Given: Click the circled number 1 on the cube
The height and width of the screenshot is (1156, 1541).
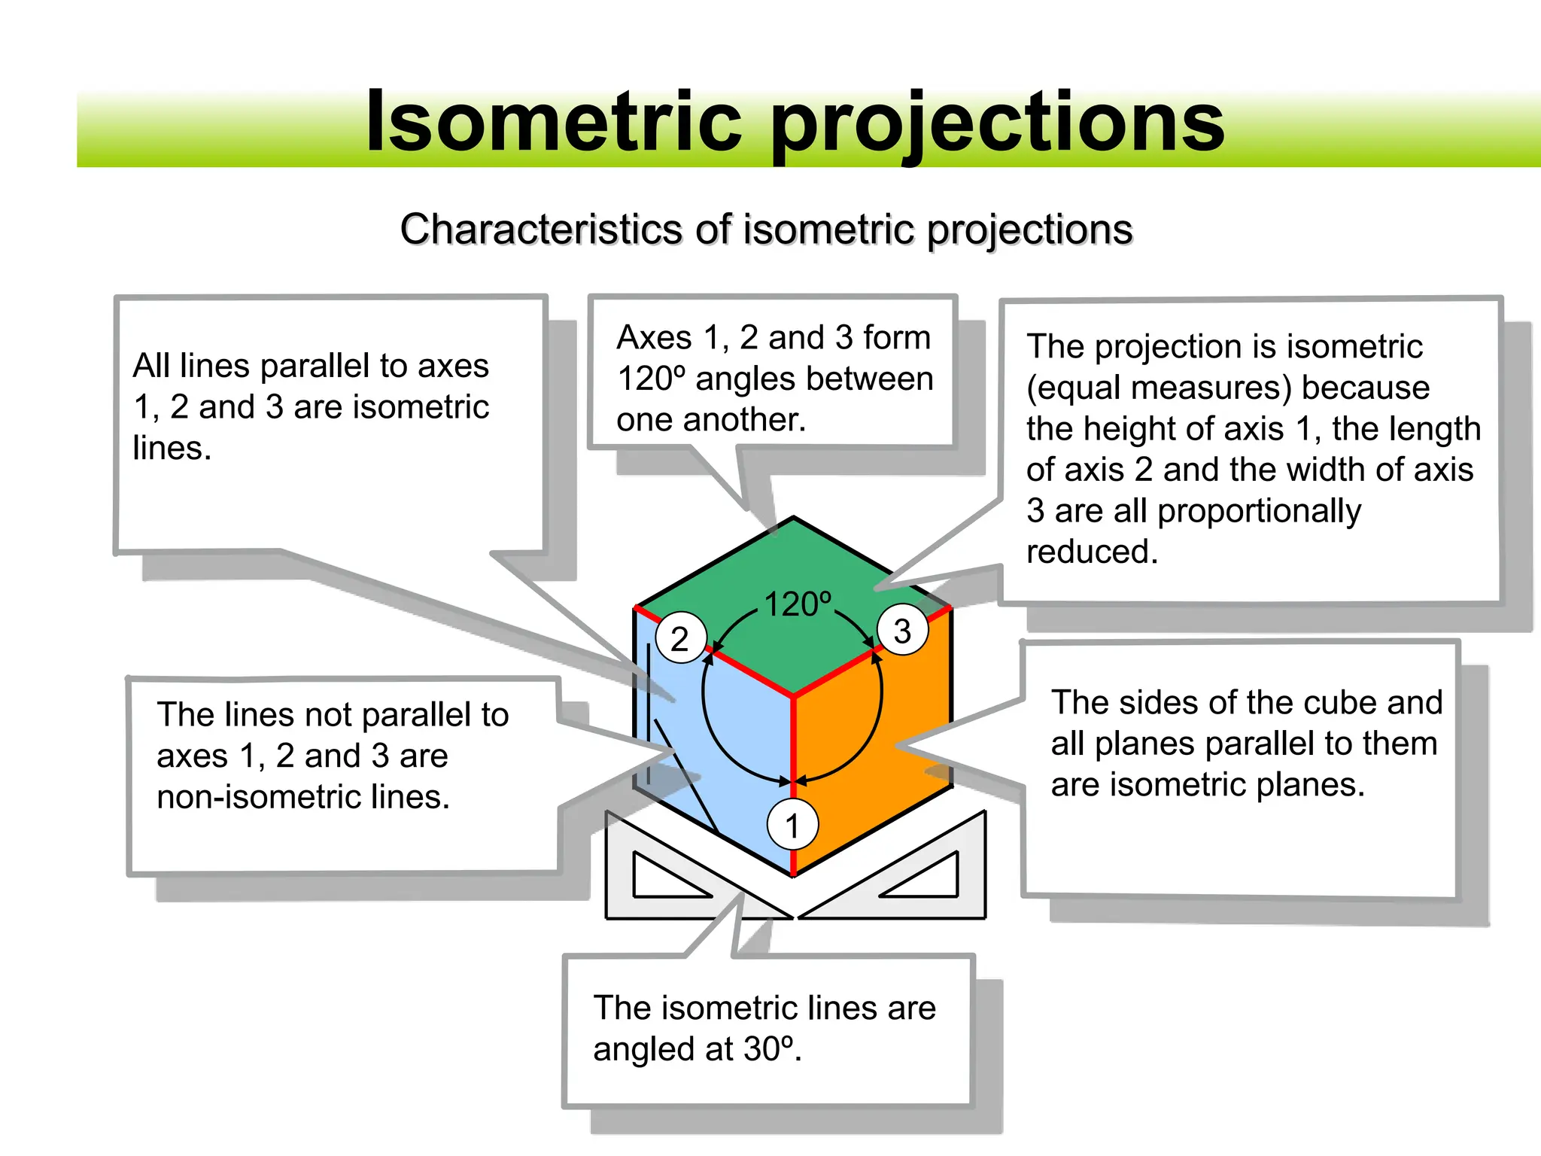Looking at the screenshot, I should pyautogui.click(x=792, y=825).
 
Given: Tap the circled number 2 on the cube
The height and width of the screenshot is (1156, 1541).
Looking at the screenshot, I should pyautogui.click(x=680, y=638).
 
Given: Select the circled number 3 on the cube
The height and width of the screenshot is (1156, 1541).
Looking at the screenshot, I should pyautogui.click(x=902, y=630).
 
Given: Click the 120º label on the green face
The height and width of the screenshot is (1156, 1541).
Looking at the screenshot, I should pyautogui.click(x=798, y=604).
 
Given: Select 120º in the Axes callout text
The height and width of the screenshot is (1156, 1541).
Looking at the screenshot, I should pyautogui.click(x=651, y=379).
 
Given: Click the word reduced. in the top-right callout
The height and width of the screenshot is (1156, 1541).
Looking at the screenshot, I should pyautogui.click(x=1092, y=552).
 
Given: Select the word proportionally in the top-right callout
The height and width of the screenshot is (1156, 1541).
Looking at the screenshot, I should pyautogui.click(x=1259, y=511).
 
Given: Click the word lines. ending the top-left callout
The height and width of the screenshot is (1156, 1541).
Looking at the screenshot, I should pyautogui.click(x=172, y=448).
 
